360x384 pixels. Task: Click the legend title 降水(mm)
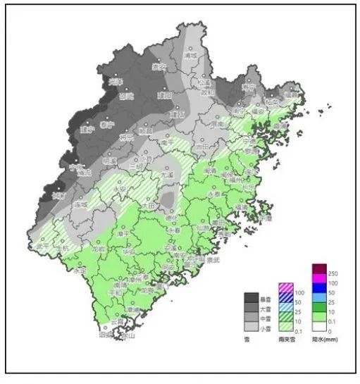point(323,340)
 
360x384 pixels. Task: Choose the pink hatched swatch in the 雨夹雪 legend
point(285,287)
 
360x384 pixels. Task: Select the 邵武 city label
point(125,97)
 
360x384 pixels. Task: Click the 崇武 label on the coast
point(211,260)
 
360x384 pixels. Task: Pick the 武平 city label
point(41,247)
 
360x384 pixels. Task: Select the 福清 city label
point(242,208)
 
